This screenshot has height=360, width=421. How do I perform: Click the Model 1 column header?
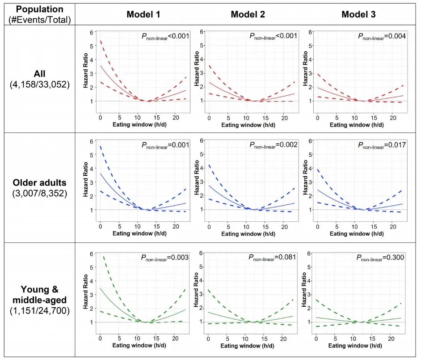[x=143, y=14]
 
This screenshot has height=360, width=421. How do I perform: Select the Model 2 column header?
[x=248, y=14]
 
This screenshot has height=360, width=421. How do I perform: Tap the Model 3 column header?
[x=358, y=14]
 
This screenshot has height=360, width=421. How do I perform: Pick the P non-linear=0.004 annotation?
[x=382, y=37]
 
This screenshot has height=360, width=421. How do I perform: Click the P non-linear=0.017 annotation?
[x=382, y=145]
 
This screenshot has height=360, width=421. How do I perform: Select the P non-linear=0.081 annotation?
[x=273, y=257]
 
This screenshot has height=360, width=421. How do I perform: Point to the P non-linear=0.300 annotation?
[x=382, y=258]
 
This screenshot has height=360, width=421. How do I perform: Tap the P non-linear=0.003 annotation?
[x=165, y=258]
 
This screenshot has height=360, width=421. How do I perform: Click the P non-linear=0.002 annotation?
[x=273, y=145]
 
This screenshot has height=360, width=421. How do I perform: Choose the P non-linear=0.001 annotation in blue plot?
[x=165, y=145]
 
